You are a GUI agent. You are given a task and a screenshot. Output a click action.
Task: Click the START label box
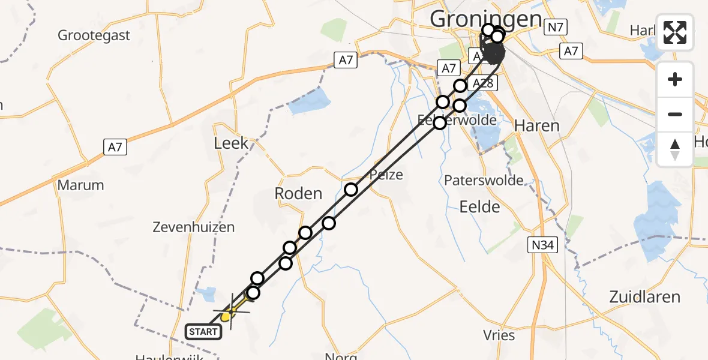pos(203,331)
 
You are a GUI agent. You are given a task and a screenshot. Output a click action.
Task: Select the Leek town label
pos(231,143)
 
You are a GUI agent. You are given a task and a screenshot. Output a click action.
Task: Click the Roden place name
pos(298,193)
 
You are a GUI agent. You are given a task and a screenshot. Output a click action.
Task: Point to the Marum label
pos(81,185)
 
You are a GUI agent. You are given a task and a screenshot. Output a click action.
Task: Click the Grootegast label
pos(94,35)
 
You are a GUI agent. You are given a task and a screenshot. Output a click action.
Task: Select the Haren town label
pos(537,126)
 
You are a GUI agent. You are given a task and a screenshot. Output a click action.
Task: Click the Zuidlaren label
pos(644,296)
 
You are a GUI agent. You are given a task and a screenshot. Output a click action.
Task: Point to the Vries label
pos(499,335)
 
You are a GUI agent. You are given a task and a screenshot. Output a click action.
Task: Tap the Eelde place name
pos(479,207)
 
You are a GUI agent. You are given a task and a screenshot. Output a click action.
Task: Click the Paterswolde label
pos(484,180)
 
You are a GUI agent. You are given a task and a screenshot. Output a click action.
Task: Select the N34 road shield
pos(542,244)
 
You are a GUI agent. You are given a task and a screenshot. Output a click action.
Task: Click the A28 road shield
pos(482,83)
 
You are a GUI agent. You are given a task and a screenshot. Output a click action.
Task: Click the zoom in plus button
pos(675,79)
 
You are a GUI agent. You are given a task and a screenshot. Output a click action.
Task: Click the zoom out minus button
pos(675,114)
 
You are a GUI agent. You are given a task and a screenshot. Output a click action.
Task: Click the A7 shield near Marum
pos(115,146)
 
